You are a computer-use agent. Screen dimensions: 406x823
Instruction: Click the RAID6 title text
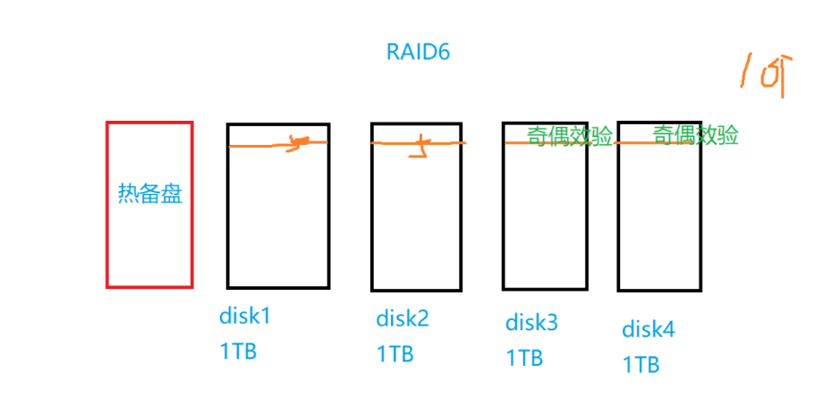(418, 51)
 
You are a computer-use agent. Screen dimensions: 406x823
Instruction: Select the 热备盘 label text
(149, 194)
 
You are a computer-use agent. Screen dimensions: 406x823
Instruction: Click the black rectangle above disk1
(278, 215)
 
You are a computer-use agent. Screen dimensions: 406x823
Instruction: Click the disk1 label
(243, 317)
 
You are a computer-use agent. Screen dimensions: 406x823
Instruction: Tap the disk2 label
(402, 318)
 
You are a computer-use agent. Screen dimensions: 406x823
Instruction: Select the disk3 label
(531, 322)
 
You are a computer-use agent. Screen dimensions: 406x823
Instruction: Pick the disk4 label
(649, 329)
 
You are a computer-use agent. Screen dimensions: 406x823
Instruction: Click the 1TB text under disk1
(238, 351)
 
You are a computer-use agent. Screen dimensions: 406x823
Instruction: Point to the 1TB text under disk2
(395, 353)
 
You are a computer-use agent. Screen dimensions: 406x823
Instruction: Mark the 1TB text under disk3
(524, 358)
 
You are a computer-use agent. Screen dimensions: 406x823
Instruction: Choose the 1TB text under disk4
(641, 364)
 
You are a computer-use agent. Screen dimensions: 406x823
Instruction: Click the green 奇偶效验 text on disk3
(570, 136)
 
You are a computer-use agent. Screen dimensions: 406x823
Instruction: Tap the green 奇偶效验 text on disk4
(696, 135)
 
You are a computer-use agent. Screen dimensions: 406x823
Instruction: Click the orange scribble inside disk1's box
(299, 143)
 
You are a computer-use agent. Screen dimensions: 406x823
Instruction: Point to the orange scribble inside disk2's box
(419, 148)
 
